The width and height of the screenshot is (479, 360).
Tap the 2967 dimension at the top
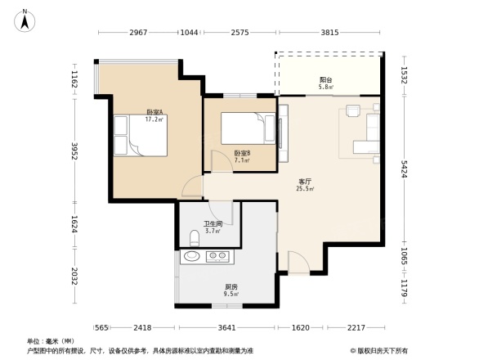[137, 33]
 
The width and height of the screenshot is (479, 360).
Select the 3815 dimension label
[329, 33]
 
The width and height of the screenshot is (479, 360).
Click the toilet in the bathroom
[194, 238]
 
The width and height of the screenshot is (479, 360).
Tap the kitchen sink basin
[191, 257]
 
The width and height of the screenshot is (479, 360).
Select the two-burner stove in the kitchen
[218, 257]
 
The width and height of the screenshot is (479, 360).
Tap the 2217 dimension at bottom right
[356, 327]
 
